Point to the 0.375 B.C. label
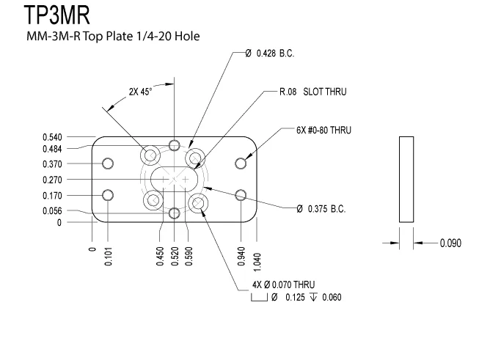321,208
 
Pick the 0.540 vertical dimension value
52,136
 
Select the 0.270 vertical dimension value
52,180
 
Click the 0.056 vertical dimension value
52,210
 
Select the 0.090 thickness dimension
450,243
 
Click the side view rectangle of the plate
406,179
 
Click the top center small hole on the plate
174,144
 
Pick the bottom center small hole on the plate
174,213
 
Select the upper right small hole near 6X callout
241,163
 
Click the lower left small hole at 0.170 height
109,195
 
